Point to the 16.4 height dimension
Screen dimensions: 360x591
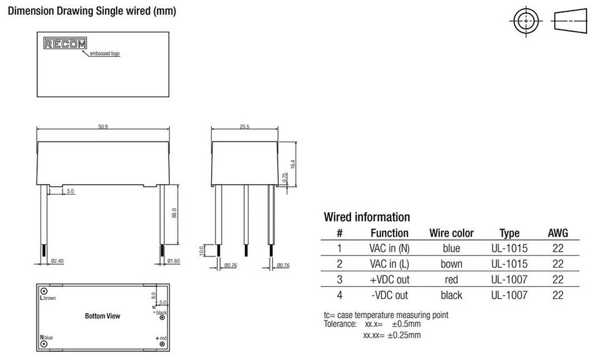(293, 163)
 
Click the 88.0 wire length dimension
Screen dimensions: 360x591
(174, 213)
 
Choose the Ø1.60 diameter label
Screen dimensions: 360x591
(173, 261)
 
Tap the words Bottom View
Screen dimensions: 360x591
(103, 316)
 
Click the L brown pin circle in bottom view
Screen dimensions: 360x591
(43, 290)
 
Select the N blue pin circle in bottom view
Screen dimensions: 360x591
(43, 344)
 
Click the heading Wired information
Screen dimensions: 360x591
(366, 217)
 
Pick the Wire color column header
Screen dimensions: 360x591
(451, 234)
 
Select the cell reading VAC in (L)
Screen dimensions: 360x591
(390, 264)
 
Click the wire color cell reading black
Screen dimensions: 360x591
(451, 295)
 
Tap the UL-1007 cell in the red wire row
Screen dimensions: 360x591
(509, 280)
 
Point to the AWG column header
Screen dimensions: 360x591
(558, 234)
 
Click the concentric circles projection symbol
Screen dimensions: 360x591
(525, 21)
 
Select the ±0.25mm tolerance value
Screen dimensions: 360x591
(404, 335)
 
